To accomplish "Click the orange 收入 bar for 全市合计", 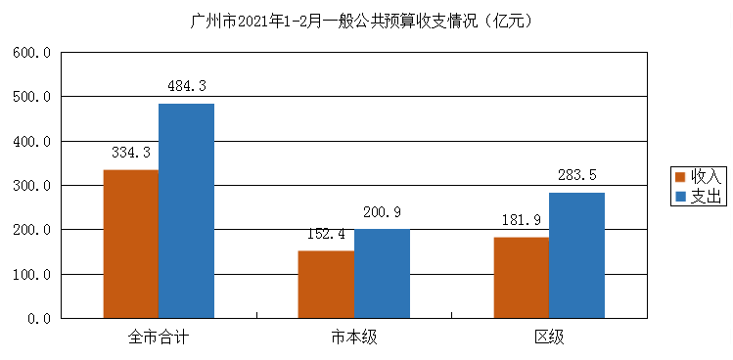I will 131,244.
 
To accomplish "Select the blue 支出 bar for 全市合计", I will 186,210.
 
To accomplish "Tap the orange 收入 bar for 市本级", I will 326,284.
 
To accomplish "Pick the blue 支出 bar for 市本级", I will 382,273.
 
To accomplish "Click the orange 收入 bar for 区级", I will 521,277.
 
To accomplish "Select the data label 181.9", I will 521,220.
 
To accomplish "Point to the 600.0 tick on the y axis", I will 32,53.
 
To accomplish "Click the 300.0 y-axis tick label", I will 32,186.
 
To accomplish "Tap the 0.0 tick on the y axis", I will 39,319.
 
